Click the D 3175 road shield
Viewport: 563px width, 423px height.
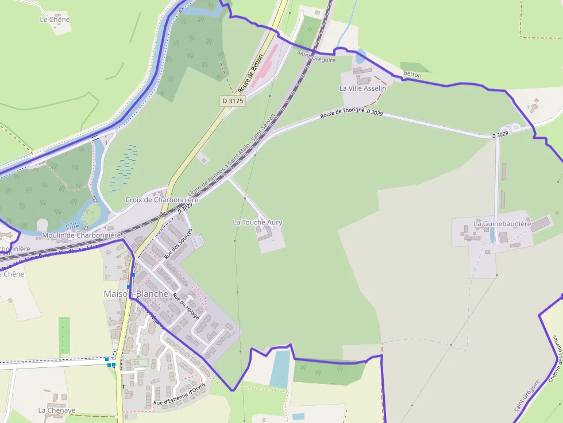233,101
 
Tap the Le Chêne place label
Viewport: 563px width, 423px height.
55,20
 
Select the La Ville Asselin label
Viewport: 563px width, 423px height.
363,88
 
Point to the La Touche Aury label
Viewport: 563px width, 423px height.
257,222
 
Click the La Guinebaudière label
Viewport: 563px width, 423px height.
502,223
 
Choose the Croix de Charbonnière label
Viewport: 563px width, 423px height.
161,200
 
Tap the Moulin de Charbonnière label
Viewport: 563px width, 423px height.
82,235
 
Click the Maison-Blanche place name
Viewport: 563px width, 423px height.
136,294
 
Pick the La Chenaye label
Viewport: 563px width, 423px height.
57,410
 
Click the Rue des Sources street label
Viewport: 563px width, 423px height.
178,244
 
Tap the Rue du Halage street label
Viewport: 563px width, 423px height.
187,306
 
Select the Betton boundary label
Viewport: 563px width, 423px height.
412,75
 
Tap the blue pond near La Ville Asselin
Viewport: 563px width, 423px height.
360,56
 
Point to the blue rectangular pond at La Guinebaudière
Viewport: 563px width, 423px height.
492,235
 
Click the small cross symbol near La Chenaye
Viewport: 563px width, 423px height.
124,386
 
